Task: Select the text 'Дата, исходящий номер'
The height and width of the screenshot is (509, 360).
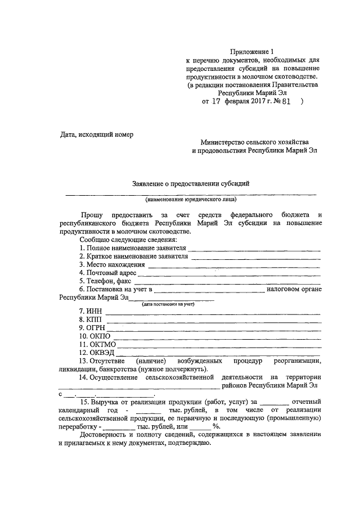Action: (x=97, y=134)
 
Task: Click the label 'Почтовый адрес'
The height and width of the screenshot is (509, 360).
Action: (x=108, y=273)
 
